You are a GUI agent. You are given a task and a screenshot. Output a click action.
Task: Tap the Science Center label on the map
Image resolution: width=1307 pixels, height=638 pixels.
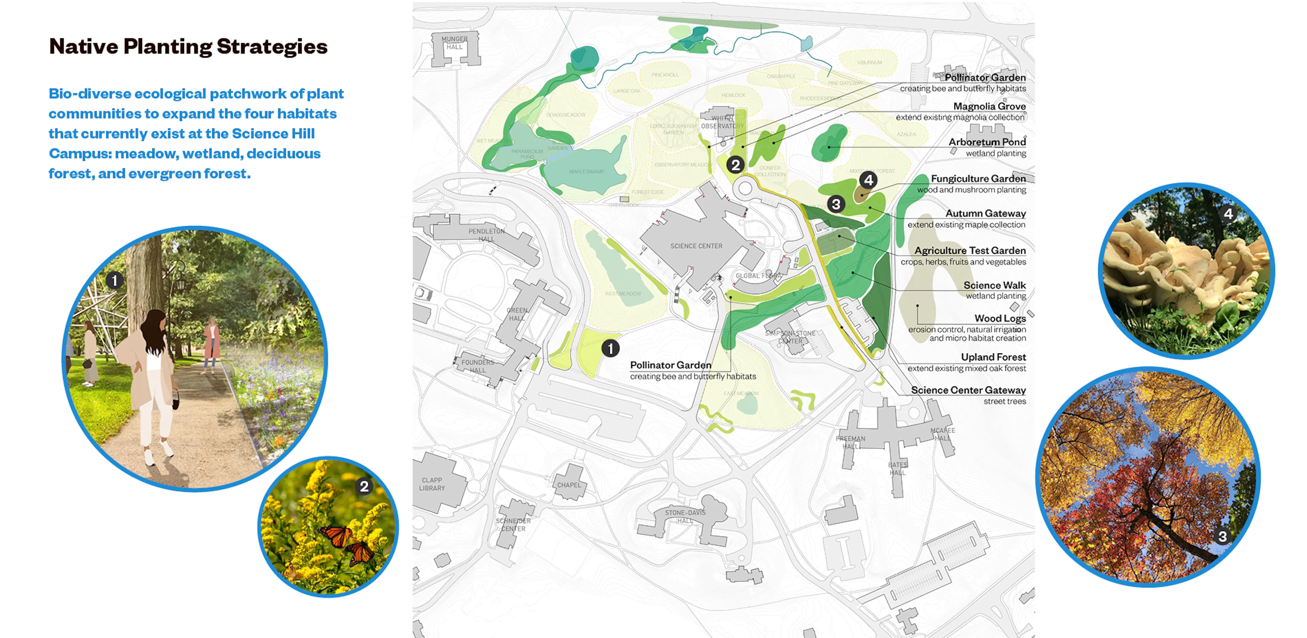[x=696, y=246]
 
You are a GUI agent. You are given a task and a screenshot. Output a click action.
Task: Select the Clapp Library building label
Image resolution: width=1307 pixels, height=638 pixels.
[x=432, y=484]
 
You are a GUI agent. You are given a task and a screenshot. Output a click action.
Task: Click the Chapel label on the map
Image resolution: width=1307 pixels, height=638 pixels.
[x=569, y=485]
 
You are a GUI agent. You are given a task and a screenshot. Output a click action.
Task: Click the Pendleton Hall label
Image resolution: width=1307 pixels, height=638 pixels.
[x=486, y=235]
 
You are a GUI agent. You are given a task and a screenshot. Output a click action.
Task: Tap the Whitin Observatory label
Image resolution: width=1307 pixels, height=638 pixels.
[x=722, y=122]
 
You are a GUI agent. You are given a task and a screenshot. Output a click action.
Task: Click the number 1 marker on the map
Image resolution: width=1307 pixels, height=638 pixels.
[x=610, y=349]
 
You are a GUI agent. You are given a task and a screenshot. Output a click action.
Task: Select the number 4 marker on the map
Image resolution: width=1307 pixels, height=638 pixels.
[x=869, y=180]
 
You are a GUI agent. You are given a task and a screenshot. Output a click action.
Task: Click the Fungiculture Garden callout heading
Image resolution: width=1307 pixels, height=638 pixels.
[x=978, y=179]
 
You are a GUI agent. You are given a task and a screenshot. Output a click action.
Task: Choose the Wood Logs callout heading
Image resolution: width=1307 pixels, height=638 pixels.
[x=1000, y=318]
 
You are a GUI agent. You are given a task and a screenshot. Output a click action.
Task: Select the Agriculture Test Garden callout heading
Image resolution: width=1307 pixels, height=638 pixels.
[x=970, y=250]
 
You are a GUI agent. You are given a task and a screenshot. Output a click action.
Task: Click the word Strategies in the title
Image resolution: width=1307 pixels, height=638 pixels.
[x=272, y=47]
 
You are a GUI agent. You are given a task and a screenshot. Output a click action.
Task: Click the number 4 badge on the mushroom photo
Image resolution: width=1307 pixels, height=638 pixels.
[x=1228, y=214]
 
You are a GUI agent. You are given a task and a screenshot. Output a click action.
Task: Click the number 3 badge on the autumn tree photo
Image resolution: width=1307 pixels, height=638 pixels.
[x=1222, y=537]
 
